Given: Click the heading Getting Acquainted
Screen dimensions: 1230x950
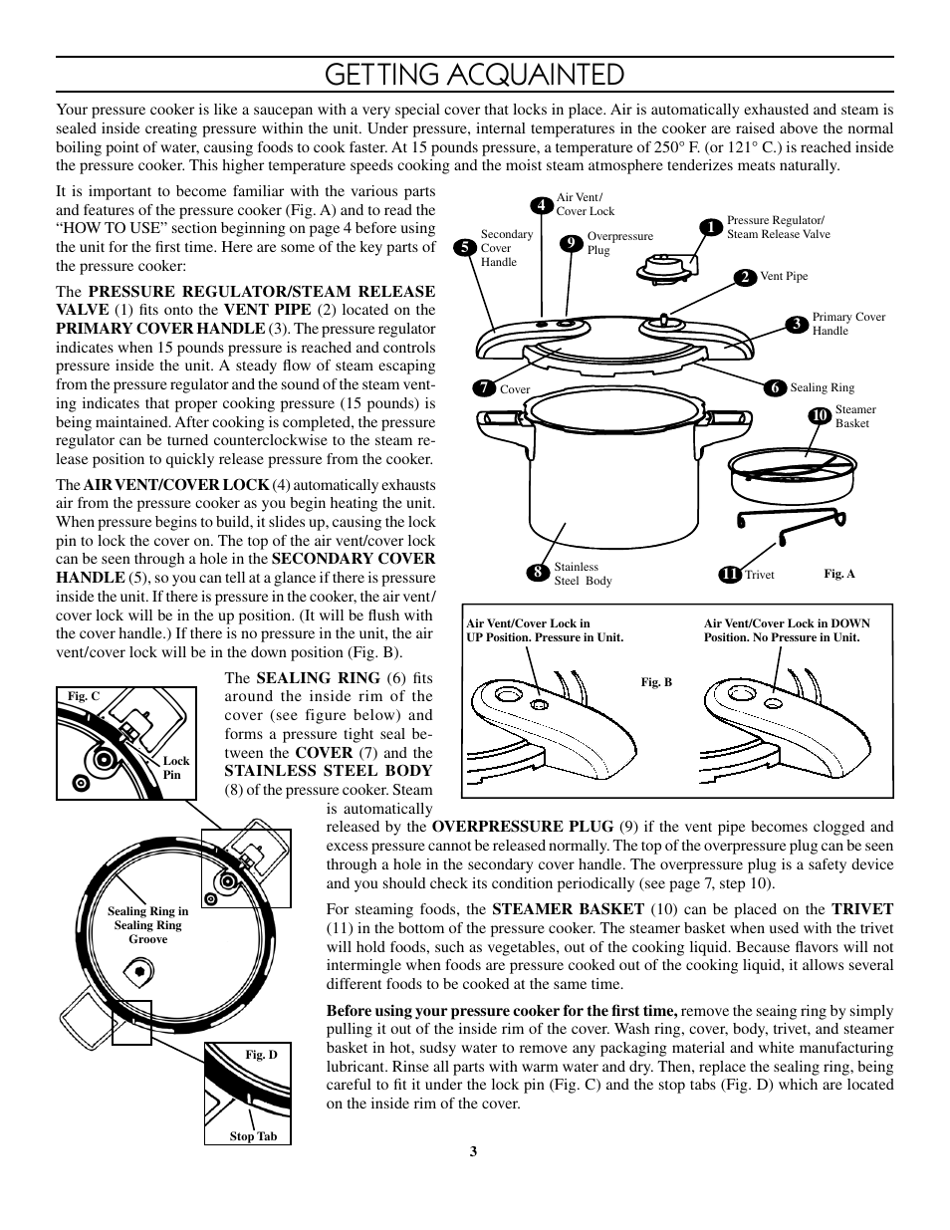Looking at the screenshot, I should click(x=474, y=75).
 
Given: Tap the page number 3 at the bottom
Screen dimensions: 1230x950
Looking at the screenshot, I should click(x=474, y=1151).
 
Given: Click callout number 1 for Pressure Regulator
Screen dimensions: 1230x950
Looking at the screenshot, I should click(x=711, y=228).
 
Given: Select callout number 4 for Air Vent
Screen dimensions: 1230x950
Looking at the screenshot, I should click(x=542, y=205).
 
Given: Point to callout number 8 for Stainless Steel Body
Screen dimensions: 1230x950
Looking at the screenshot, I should click(x=538, y=573).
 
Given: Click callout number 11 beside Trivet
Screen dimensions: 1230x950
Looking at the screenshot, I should click(x=729, y=575).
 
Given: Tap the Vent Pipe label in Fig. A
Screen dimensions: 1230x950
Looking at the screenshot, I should click(x=784, y=277).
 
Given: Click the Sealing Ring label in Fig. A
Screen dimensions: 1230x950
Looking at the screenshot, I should click(x=822, y=388).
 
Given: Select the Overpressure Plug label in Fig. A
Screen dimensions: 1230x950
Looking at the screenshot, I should click(x=619, y=243).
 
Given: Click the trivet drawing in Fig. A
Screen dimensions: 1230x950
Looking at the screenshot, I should click(x=793, y=522).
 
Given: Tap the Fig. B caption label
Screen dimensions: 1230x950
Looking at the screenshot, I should click(x=656, y=682).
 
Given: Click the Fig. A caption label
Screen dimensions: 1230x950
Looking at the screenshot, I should click(x=838, y=574).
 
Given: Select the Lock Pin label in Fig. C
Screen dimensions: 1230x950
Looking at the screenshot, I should click(x=175, y=767).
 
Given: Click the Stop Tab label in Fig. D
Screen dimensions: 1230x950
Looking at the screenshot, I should click(x=253, y=1136).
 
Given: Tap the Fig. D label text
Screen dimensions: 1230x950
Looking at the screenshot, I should click(x=261, y=1055).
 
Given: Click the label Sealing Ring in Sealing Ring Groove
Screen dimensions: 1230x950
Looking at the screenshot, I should click(x=147, y=925).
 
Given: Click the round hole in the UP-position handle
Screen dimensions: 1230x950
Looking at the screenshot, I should click(x=539, y=703).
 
